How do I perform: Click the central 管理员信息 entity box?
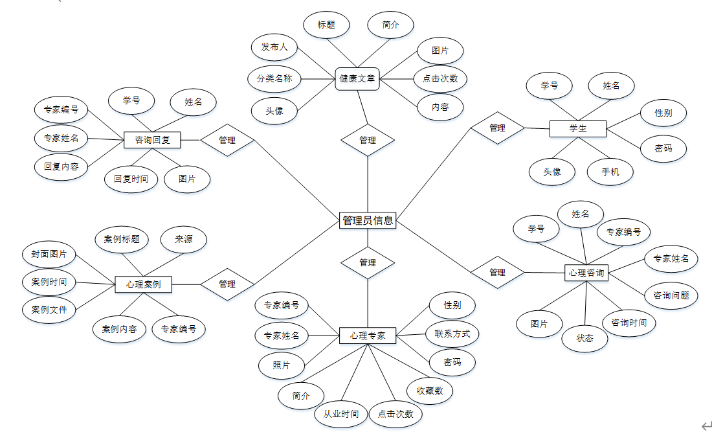coord(367,220)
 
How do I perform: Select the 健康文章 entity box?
coord(357,79)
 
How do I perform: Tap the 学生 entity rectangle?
coord(577,129)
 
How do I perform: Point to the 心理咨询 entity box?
coord(586,273)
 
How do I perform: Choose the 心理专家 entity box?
coord(368,336)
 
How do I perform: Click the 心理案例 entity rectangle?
coord(144,284)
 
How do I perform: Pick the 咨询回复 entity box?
coord(152,139)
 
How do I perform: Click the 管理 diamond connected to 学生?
coord(497,128)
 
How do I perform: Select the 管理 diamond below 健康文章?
coord(368,140)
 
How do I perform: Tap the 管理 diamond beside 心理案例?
coord(227,284)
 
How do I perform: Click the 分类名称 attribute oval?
coord(274,79)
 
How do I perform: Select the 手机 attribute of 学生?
coord(610,172)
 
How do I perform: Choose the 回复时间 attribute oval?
coord(131,179)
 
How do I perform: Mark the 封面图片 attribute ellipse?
coord(49,254)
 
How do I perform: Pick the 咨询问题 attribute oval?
coord(671,295)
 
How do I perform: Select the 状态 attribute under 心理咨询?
coord(585,338)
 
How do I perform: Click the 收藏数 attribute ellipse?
coord(429,391)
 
